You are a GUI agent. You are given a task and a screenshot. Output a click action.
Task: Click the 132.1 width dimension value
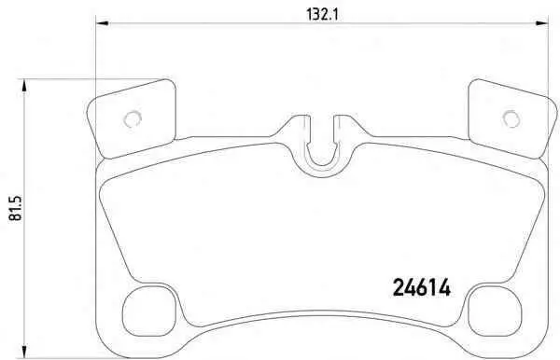(322, 15)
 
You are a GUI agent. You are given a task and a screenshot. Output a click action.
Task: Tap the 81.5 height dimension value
(16, 208)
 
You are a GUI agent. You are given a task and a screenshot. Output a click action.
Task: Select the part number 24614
(422, 287)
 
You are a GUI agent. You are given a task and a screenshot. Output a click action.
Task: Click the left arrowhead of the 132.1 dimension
(102, 23)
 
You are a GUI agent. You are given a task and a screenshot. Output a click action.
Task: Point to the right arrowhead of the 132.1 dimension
(541, 23)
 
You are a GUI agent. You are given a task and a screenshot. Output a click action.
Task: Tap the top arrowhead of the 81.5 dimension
(24, 85)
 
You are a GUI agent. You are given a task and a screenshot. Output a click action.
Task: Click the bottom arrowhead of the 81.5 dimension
(24, 351)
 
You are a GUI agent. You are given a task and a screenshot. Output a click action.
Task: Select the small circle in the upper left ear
(133, 118)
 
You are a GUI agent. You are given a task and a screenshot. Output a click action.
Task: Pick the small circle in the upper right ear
(511, 118)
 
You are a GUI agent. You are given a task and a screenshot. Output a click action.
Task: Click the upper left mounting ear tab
(133, 118)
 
